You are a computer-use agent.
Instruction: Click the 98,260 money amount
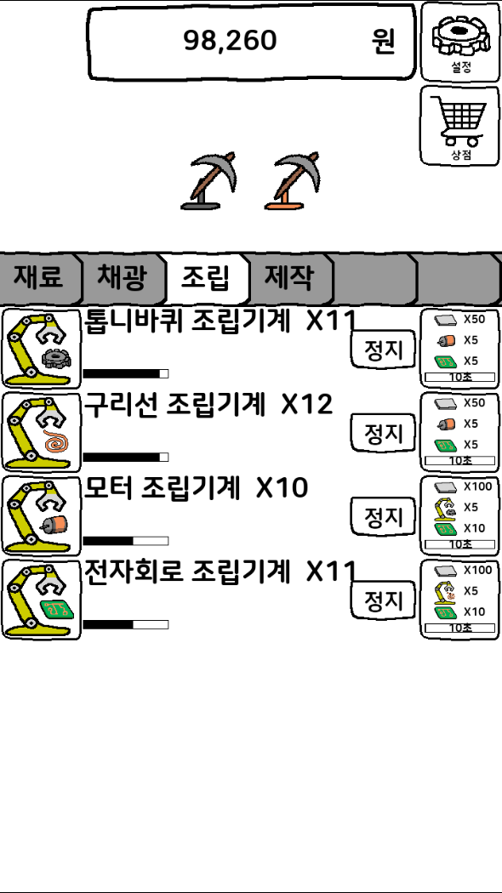231,41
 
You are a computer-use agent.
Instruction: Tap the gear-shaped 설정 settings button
461,42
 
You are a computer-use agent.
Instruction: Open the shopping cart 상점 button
460,125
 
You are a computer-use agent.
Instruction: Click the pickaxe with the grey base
208,181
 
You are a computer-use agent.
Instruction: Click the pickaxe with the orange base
292,181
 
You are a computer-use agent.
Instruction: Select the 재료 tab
39,278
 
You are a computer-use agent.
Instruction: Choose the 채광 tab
122,278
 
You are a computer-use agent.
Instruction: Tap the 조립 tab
206,278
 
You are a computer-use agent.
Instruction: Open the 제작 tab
289,278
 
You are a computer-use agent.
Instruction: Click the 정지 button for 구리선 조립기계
383,433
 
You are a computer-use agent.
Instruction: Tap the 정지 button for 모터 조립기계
383,516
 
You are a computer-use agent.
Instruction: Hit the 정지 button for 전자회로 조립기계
383,600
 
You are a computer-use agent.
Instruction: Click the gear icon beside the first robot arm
55,358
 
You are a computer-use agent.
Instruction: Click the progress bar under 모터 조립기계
126,540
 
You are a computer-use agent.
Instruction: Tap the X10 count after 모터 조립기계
282,488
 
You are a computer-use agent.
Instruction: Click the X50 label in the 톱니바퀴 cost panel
474,319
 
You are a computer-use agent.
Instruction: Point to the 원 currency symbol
383,41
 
